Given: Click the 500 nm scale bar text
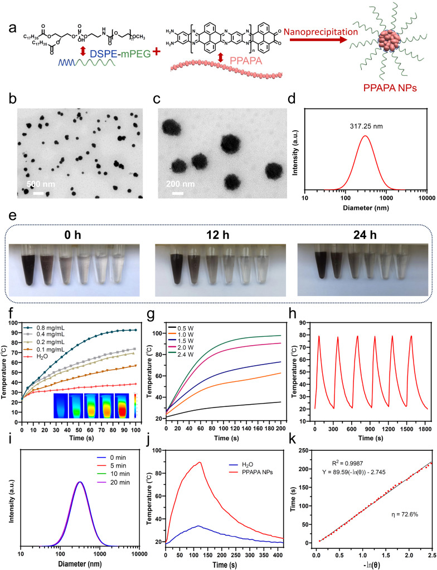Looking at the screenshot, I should (x=40, y=183).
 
